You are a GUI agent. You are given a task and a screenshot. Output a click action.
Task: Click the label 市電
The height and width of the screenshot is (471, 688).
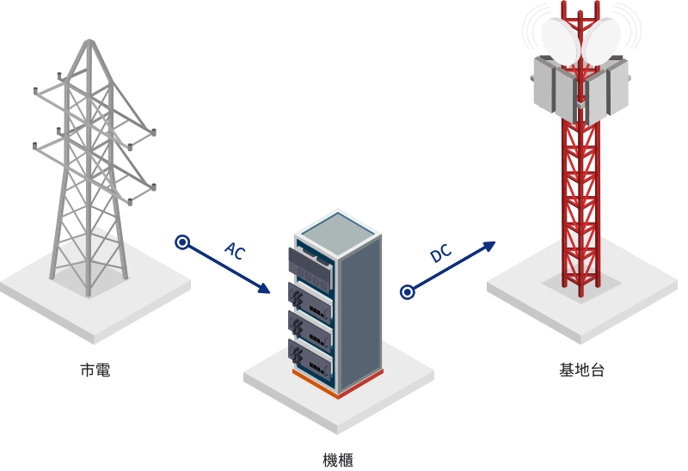95,371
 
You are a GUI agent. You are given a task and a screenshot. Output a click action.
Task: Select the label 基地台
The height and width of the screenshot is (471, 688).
581,371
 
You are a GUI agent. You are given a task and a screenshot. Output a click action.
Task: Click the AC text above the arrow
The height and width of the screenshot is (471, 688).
235,251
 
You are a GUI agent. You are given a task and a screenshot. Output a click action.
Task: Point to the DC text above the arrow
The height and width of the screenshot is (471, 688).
440,254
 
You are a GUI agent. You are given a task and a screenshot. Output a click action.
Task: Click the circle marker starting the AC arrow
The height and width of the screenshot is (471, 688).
181,243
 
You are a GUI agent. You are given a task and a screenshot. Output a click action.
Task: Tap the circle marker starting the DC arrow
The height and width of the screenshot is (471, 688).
408,292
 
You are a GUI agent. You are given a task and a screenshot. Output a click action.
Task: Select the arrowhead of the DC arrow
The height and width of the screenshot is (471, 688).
491,246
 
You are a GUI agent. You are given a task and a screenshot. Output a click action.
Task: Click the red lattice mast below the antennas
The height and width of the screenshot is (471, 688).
579,198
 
